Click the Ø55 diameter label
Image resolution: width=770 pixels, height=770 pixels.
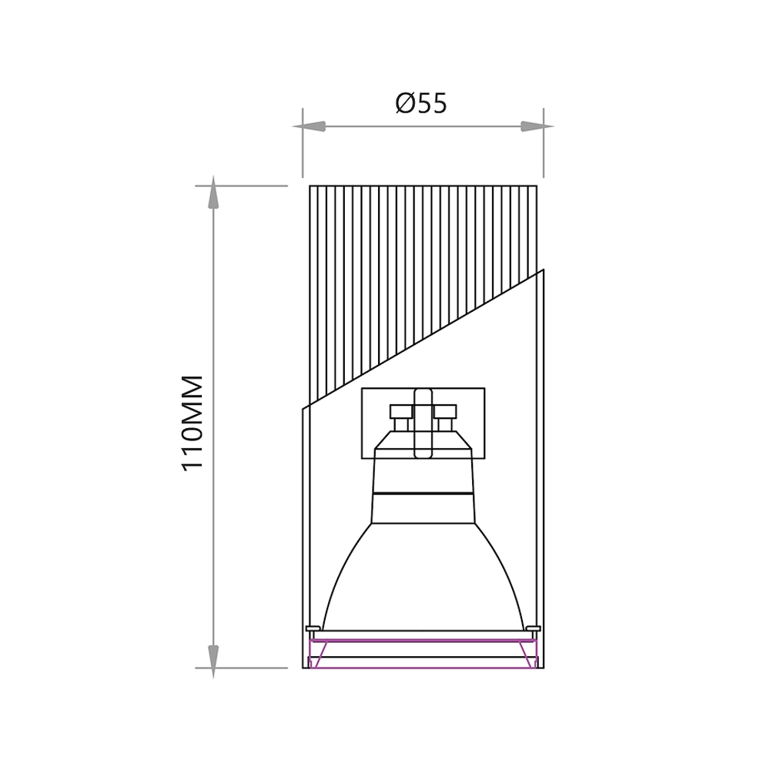(x=421, y=104)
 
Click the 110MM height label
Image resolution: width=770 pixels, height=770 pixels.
(x=192, y=423)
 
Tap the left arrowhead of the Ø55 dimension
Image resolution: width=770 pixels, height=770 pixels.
(x=310, y=126)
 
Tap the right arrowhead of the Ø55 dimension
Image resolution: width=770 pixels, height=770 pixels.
(x=537, y=126)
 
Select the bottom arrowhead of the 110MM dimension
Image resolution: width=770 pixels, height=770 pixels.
(x=213, y=661)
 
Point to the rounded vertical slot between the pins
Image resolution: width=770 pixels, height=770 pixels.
(x=423, y=423)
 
